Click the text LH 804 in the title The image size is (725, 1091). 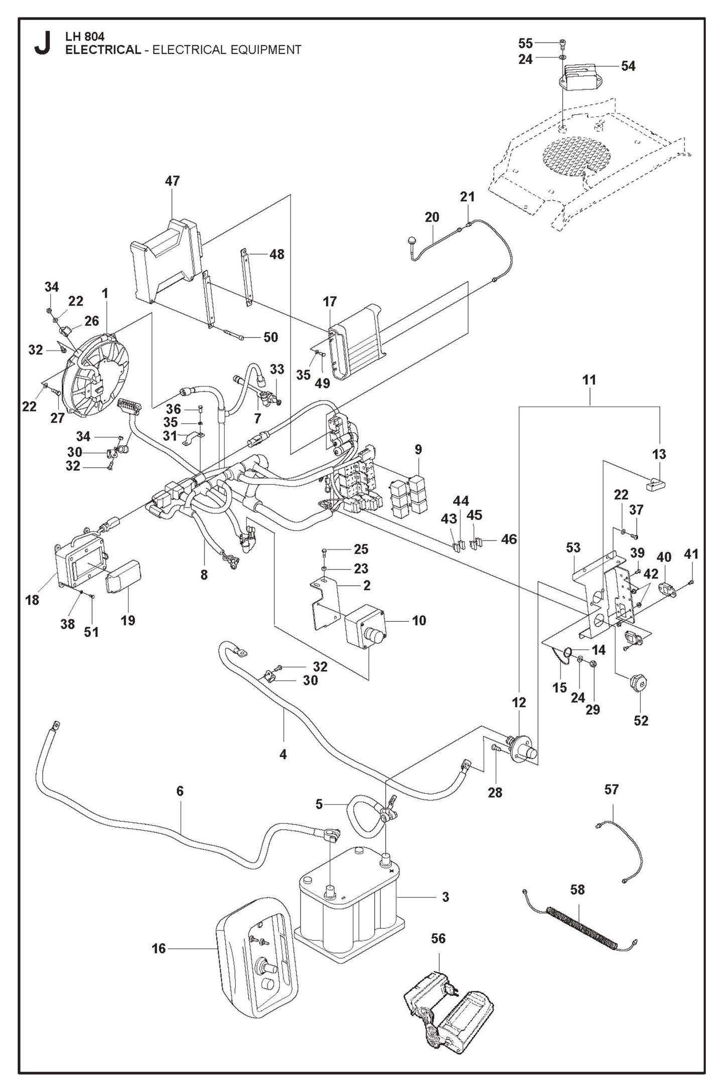click(85, 37)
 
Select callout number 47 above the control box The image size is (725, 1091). click(172, 181)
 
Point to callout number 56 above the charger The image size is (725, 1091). click(438, 938)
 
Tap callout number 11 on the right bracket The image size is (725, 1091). click(589, 380)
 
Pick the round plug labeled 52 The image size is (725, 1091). click(638, 684)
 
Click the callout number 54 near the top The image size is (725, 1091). click(628, 66)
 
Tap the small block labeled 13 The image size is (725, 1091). click(654, 484)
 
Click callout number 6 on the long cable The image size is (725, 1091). click(180, 791)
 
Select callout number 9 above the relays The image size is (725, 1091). click(417, 449)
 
